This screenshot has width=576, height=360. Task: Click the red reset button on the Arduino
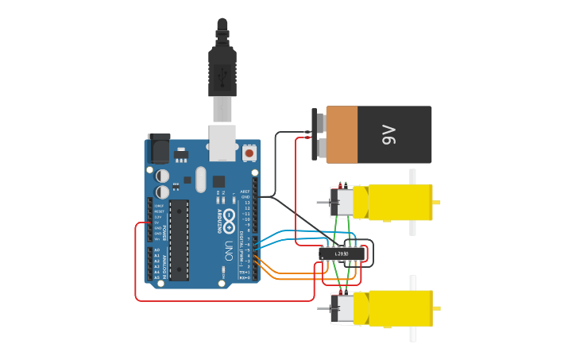point(249,153)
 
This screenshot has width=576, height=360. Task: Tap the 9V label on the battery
point(389,135)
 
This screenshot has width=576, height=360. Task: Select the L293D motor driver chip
point(342,254)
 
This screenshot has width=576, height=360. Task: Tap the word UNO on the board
point(228,250)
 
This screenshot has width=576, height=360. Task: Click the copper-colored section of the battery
point(342,135)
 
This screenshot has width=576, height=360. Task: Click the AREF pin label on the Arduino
point(245,192)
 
